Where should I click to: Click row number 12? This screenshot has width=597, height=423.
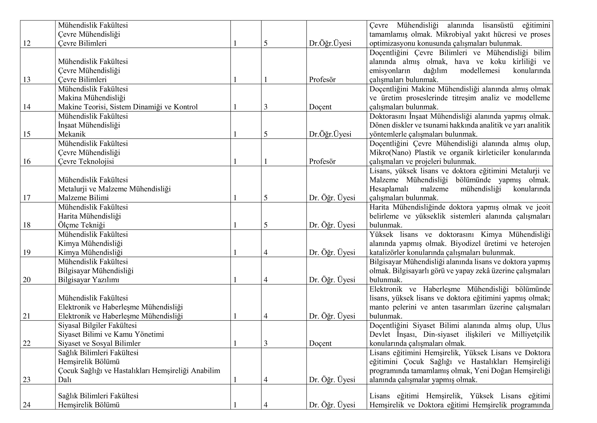27,43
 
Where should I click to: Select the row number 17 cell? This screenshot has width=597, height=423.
27,198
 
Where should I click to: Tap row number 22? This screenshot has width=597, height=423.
27,343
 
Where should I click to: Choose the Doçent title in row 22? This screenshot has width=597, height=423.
320,343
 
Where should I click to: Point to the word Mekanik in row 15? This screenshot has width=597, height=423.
72,134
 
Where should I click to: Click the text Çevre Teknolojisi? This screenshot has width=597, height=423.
86,161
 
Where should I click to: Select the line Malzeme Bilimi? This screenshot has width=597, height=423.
83,198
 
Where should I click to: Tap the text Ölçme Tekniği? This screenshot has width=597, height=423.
81,225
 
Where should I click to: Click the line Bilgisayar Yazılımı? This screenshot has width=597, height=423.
88,280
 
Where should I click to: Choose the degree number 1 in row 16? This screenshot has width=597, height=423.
265,161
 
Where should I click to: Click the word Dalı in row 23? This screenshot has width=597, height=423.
65,380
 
